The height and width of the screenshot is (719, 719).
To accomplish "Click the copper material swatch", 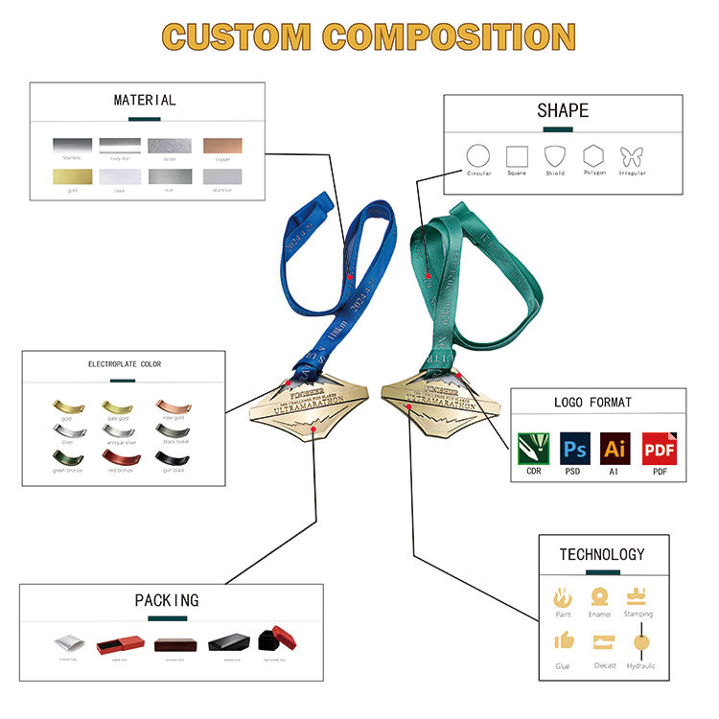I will pos(222,146).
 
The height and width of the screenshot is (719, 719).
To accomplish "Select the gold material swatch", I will pos(71,177).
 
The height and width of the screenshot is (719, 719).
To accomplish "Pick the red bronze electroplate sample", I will pos(120,458).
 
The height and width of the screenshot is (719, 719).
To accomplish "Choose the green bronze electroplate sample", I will pos(66,458).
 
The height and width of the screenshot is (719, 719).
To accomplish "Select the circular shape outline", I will pos(478,155).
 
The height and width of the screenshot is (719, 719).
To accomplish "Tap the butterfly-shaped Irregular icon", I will pos(632,156).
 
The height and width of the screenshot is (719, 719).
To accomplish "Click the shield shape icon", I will pos(555,155).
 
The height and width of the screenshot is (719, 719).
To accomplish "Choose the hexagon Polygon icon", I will pos(593,155).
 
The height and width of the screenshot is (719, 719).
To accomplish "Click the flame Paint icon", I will pos(563,597).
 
